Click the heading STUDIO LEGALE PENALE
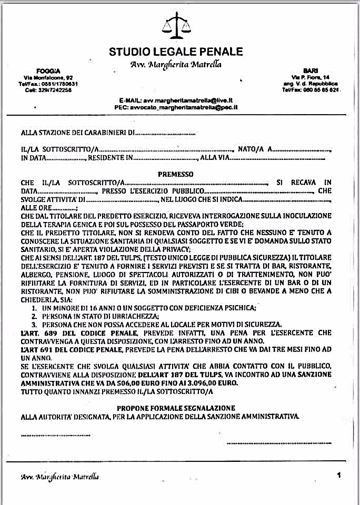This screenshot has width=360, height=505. pyautogui.click(x=176, y=52)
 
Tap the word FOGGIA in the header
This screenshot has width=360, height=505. pyautogui.click(x=48, y=71)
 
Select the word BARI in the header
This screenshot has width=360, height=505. pyautogui.click(x=310, y=70)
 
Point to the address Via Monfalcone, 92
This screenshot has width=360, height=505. pyautogui.click(x=48, y=78)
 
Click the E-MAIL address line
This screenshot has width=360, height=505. pyautogui.click(x=176, y=100)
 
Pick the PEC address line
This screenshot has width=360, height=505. pyautogui.click(x=176, y=106)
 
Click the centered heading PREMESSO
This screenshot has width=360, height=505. pyautogui.click(x=176, y=174)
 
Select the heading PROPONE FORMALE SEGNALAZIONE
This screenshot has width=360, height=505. pyautogui.click(x=176, y=408)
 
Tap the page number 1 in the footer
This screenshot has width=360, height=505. pyautogui.click(x=338, y=474)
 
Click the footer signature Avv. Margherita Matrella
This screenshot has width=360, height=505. pyautogui.click(x=59, y=477)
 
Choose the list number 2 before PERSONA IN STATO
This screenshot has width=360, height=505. pyautogui.click(x=33, y=316)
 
